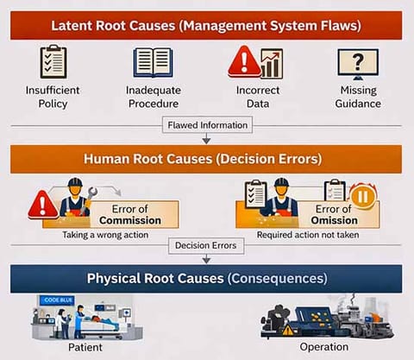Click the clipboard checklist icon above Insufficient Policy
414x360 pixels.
pyautogui.click(x=53, y=61)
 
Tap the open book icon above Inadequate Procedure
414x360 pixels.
pyautogui.click(x=154, y=63)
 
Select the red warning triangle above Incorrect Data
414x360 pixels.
pyautogui.click(x=245, y=61)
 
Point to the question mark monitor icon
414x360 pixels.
pyautogui.click(x=358, y=64)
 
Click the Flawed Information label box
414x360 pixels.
pyautogui.click(x=207, y=125)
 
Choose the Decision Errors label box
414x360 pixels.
pyautogui.click(x=206, y=245)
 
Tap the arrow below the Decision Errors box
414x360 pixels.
pyautogui.click(x=206, y=259)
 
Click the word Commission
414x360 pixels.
pyautogui.click(x=130, y=220)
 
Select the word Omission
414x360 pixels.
pyautogui.click(x=335, y=220)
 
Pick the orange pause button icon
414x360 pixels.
pyautogui.click(x=363, y=197)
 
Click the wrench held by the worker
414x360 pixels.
pyautogui.click(x=90, y=198)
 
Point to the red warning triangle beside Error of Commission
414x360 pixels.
pyautogui.click(x=43, y=205)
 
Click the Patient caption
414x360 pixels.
pyautogui.click(x=85, y=347)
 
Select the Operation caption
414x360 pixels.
pyautogui.click(x=324, y=347)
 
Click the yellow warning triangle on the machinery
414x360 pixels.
pyautogui.click(x=288, y=330)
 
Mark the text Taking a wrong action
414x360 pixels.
pyautogui.click(x=105, y=235)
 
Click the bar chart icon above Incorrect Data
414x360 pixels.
pyautogui.click(x=273, y=64)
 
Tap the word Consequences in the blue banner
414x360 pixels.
pyautogui.click(x=278, y=279)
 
